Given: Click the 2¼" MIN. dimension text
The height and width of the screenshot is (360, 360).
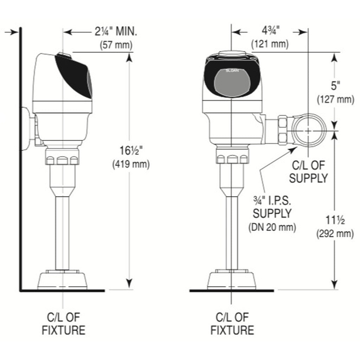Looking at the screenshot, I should [116, 32].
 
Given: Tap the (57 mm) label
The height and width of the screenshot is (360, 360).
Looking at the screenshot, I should [116, 45].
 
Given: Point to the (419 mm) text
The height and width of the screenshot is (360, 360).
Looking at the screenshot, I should [130, 164].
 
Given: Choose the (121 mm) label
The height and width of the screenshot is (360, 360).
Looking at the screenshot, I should [270, 44].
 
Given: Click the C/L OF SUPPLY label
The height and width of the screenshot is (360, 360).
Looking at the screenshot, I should [308, 172].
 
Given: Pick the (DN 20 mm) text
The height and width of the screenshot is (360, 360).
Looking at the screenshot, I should [272, 227].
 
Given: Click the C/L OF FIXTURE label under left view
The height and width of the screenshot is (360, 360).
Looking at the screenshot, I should [63, 324].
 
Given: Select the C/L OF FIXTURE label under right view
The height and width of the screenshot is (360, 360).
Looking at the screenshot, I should [232, 324].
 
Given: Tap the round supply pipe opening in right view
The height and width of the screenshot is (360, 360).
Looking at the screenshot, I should [308, 130].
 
